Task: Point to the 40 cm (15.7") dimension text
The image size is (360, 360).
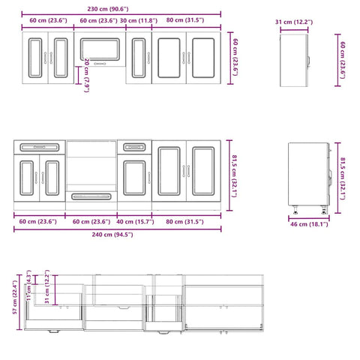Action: [x=136, y=221]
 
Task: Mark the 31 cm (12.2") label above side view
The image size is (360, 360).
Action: [x=294, y=22]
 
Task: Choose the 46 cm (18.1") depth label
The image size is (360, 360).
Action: [x=308, y=223]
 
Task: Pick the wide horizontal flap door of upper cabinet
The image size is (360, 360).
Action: [x=99, y=46]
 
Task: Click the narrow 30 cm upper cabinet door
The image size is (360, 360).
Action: [x=138, y=56]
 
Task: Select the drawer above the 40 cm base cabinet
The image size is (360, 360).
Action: [x=135, y=147]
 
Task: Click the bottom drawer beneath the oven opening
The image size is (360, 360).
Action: [x=91, y=197]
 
